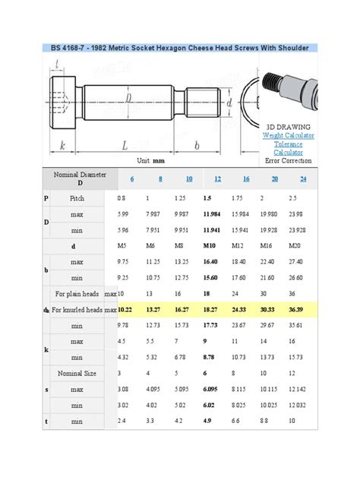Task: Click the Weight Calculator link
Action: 288,135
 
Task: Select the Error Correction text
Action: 288,160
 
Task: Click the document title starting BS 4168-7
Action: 180,48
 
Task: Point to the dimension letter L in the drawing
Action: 124,144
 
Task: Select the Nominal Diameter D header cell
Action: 80,178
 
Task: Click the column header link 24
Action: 303,178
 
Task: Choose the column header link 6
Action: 131,178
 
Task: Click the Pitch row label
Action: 77,197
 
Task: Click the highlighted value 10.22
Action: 125,310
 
